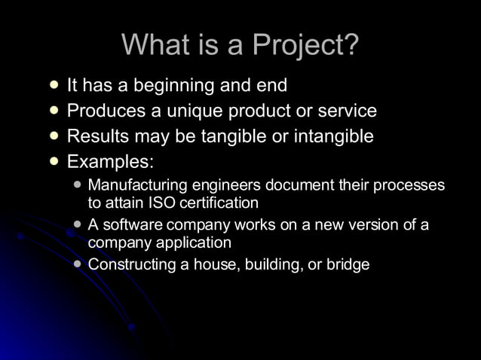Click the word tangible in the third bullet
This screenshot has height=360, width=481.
click(233, 136)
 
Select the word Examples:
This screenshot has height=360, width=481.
click(111, 161)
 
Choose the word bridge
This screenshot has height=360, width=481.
click(348, 265)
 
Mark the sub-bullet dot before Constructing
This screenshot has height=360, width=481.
click(78, 264)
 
